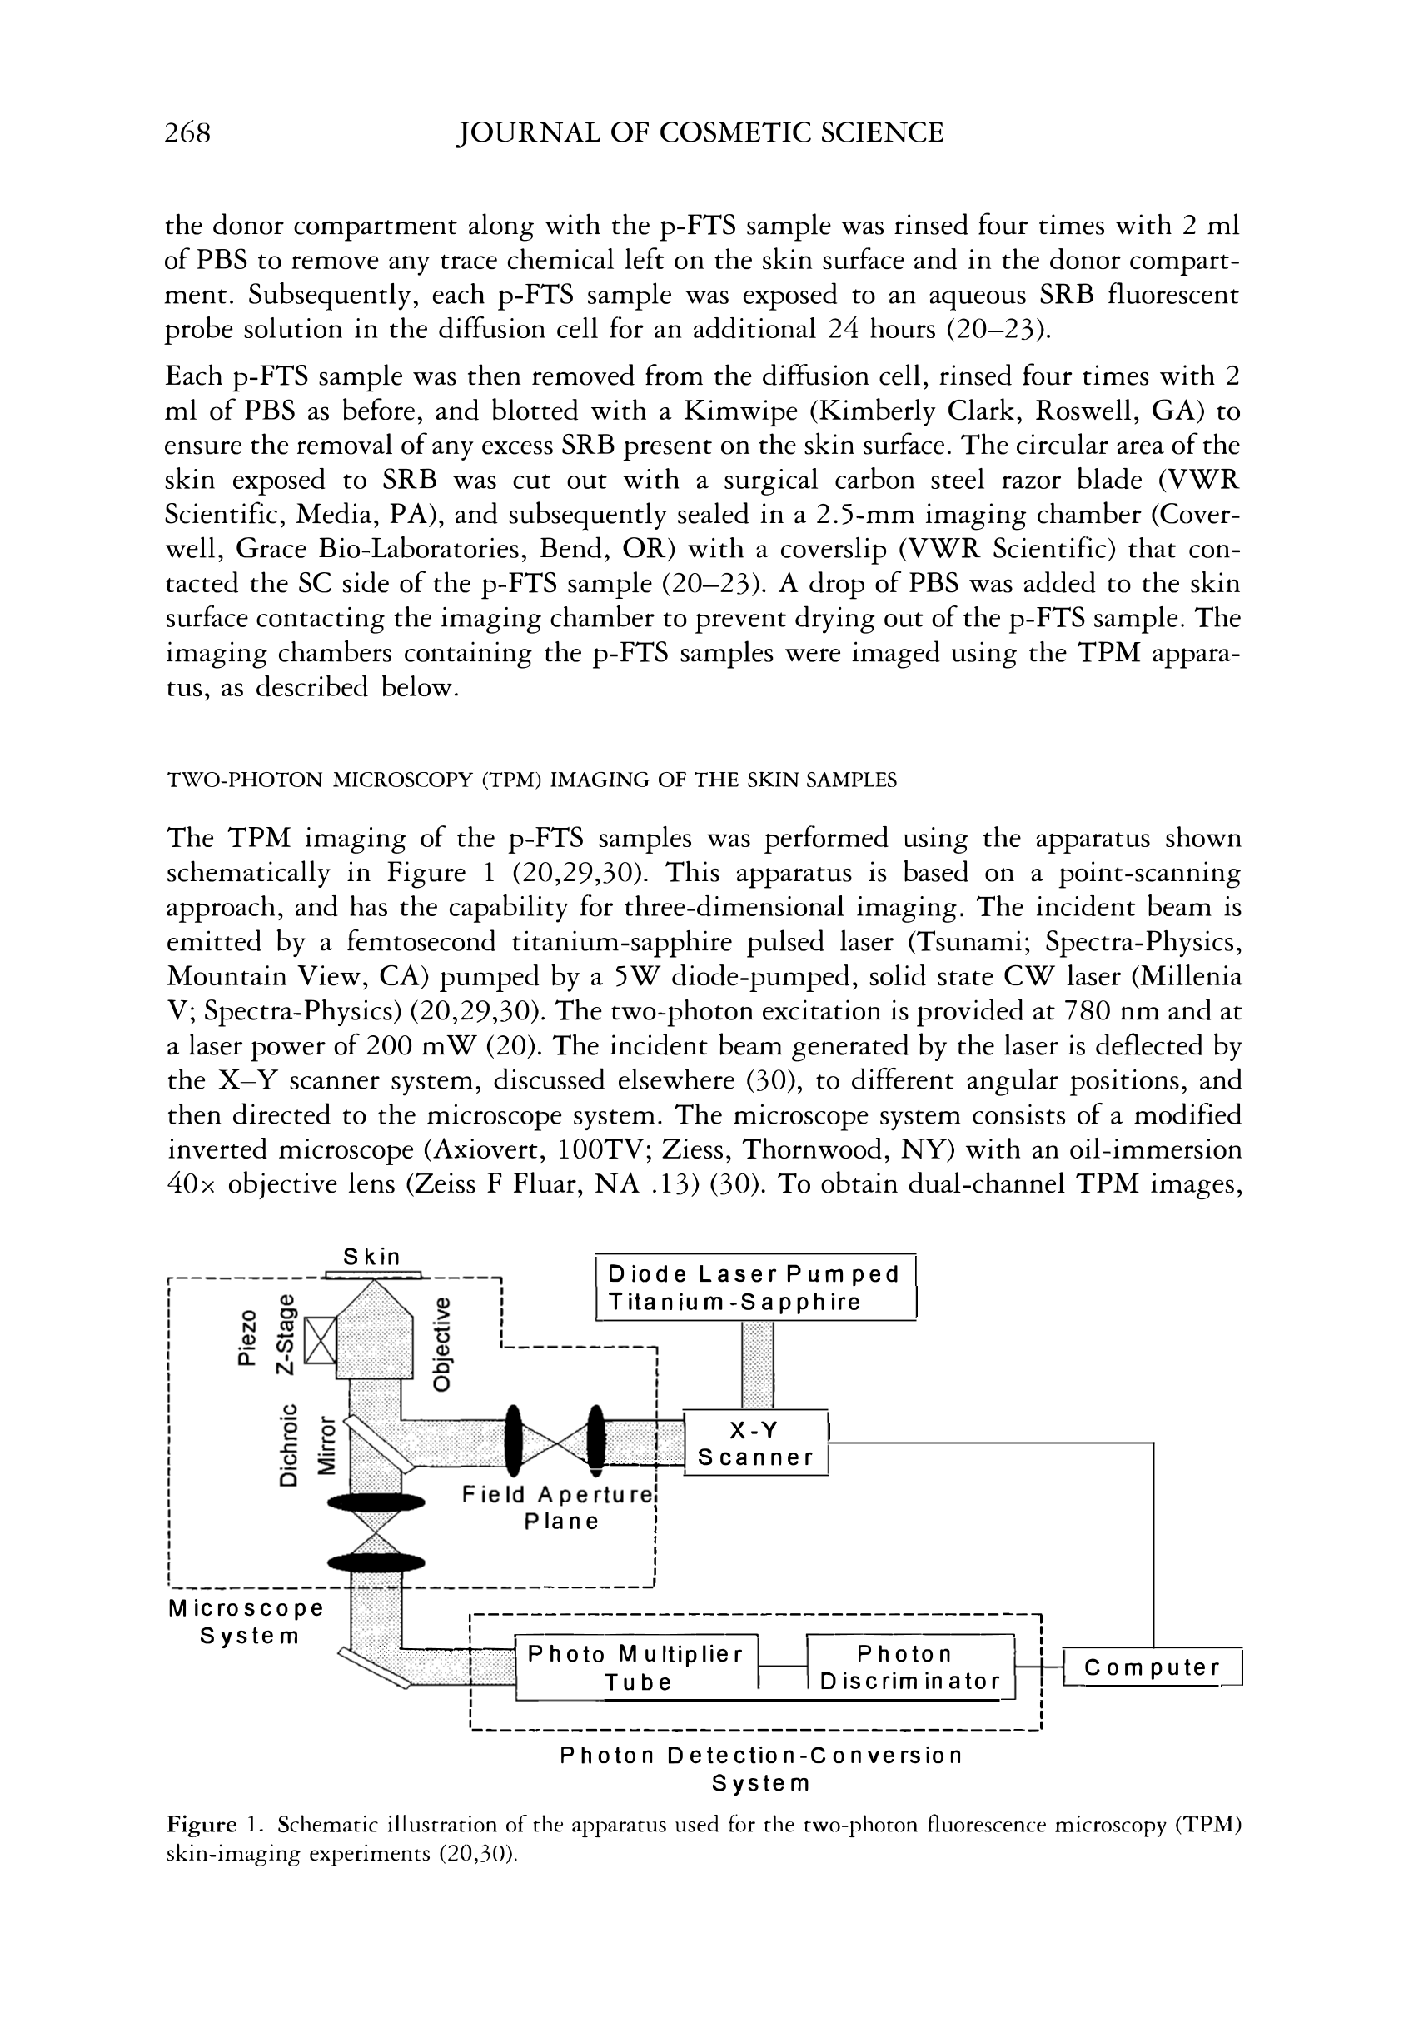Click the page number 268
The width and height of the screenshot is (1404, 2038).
[187, 132]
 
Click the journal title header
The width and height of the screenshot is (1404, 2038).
[700, 132]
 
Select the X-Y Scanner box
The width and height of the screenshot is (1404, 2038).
[755, 1443]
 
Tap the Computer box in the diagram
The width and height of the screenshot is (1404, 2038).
[1152, 1667]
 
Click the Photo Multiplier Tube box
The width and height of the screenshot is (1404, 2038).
[636, 1667]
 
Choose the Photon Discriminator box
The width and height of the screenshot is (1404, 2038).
[909, 1667]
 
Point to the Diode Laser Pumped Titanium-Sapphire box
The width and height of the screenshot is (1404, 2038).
[754, 1288]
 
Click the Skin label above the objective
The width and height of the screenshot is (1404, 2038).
[371, 1257]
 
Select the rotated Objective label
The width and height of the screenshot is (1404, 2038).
[442, 1343]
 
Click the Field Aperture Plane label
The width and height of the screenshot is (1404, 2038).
[560, 1507]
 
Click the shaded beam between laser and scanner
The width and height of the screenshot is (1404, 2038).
[758, 1365]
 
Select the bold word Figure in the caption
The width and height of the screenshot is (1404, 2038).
[202, 1825]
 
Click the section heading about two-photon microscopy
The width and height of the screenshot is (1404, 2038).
[531, 780]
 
